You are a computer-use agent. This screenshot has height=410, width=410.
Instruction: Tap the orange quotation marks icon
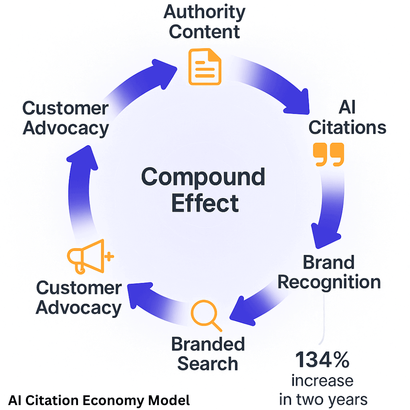pyautogui.click(x=328, y=155)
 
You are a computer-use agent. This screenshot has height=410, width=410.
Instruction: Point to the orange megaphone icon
pyautogui.click(x=88, y=256)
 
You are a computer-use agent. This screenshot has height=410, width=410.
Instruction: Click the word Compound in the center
pyautogui.click(x=203, y=178)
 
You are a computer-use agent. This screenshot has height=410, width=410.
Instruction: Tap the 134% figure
pyautogui.click(x=322, y=360)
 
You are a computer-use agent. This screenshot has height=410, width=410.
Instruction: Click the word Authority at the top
pyautogui.click(x=204, y=12)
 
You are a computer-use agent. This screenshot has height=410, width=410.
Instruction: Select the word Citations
pyautogui.click(x=347, y=128)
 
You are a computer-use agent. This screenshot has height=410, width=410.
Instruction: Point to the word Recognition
pyautogui.click(x=332, y=282)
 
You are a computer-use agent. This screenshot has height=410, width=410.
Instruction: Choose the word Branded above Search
pyautogui.click(x=208, y=344)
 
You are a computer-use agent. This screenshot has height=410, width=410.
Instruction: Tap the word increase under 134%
pyautogui.click(x=322, y=380)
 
